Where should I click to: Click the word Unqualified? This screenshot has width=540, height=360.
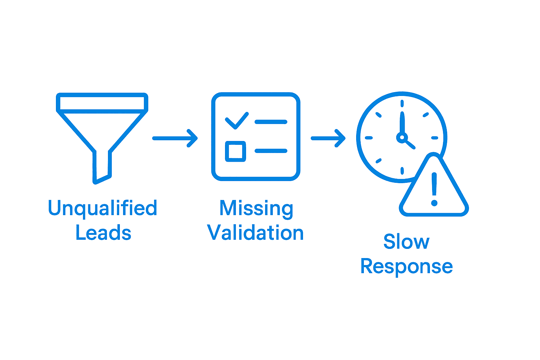(x=102, y=208)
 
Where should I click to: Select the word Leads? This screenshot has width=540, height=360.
(x=103, y=233)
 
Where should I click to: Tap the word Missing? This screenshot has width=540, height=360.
(x=256, y=208)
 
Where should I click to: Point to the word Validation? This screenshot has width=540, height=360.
(x=256, y=233)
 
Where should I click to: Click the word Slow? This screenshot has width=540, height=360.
(x=406, y=242)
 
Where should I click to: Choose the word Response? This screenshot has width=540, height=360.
(x=406, y=266)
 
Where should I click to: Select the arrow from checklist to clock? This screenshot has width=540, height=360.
(x=328, y=138)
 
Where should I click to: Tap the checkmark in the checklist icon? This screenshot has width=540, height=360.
(x=237, y=121)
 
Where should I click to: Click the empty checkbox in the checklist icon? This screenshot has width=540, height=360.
(x=235, y=152)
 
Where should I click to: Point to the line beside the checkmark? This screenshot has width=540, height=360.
(x=271, y=122)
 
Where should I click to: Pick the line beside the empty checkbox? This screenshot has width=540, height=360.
(x=271, y=151)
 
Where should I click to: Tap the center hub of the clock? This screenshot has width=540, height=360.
(x=401, y=137)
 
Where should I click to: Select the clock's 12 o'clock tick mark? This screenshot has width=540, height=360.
(x=402, y=103)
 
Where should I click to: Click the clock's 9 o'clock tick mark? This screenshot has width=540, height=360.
(x=368, y=138)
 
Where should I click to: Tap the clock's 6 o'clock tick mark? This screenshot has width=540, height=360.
(x=402, y=171)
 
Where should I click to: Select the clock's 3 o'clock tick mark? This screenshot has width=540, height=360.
(x=435, y=138)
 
